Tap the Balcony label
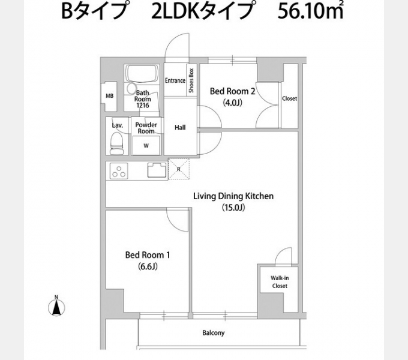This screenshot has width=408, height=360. (213, 333)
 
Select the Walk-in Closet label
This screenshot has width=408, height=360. (279, 282)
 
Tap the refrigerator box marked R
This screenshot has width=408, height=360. (178, 169)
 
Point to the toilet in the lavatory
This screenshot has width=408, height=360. (117, 142)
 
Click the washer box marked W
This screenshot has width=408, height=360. (146, 145)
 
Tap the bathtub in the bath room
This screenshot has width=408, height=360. (143, 76)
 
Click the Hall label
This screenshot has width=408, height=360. (180, 127)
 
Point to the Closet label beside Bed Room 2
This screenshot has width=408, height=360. (289, 98)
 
